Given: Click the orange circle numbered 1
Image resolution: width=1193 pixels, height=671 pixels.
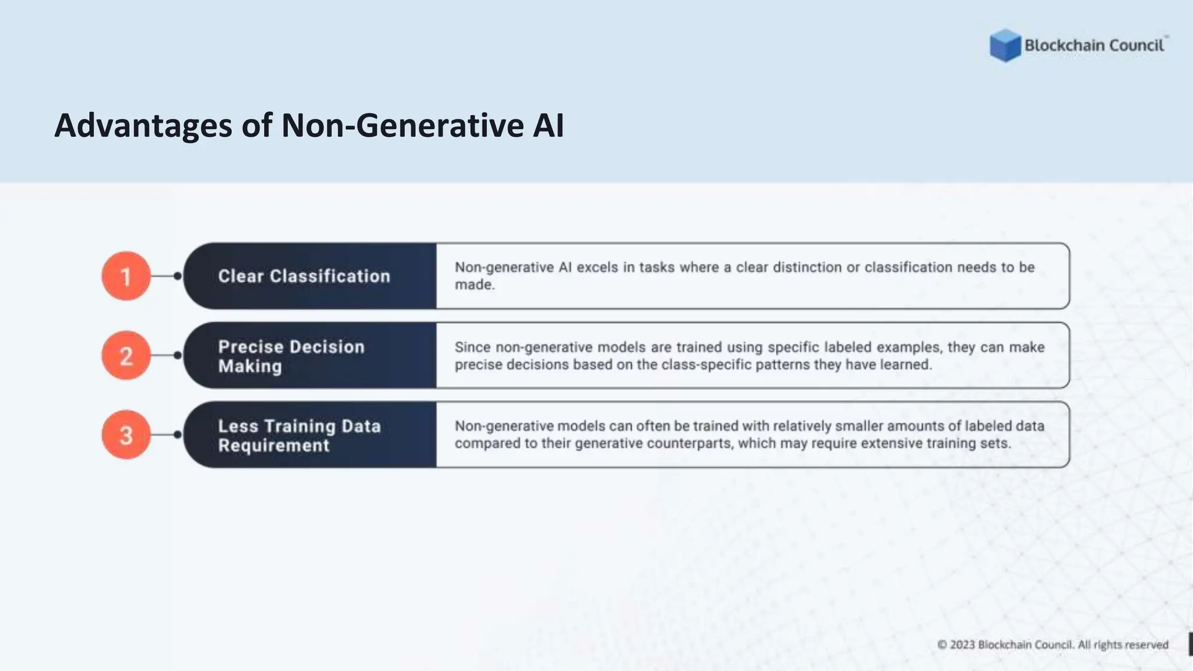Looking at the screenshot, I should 126,276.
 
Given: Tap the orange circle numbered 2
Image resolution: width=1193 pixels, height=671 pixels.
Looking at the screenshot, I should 126,355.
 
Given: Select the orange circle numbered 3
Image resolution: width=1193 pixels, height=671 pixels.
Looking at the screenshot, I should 126,435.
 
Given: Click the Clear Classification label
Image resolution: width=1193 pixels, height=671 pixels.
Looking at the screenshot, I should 304,276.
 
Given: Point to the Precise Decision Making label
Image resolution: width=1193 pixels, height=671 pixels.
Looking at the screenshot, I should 291,356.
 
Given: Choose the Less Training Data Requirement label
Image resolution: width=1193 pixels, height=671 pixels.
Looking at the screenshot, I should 299,435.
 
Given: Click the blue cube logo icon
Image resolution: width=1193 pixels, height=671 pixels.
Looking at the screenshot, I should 1005,45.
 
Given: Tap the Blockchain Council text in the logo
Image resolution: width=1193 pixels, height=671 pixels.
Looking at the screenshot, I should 1094,45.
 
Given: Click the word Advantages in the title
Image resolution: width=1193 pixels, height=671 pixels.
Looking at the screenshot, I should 143,126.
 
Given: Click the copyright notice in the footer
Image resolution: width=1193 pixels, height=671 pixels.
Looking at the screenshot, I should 1053,645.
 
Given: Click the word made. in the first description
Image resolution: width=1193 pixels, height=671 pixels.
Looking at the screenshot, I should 474,285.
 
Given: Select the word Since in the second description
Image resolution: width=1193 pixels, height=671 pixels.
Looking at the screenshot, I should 472,347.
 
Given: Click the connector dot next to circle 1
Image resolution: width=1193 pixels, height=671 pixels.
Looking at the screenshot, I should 178,276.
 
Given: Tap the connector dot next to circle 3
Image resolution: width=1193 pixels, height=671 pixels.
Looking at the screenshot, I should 178,435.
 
